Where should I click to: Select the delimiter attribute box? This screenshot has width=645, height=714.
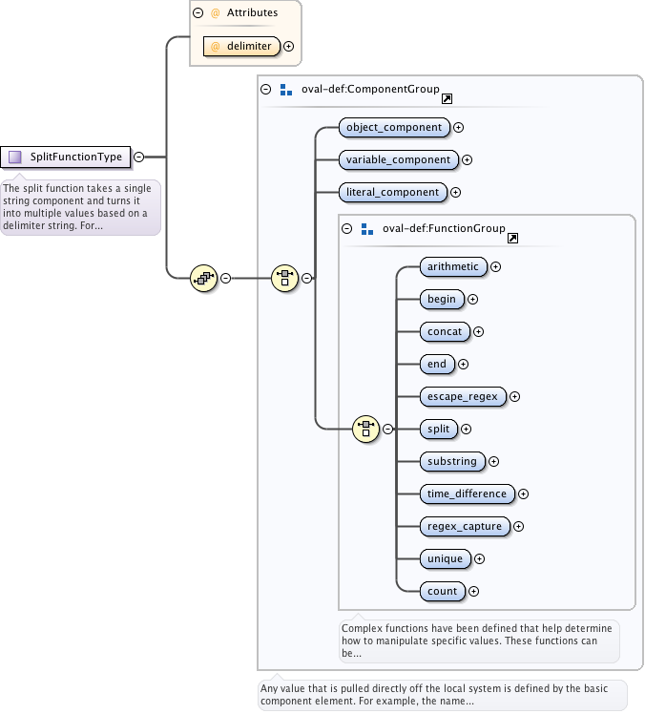point(240,45)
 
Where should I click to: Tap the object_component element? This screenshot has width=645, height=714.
point(394,127)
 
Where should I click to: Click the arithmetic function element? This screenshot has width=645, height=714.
point(454,266)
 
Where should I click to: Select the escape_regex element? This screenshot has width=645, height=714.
point(463,396)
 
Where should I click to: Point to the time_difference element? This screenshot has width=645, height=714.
point(467,493)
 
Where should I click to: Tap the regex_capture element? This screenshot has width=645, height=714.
point(465,526)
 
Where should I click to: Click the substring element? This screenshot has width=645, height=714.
point(452,461)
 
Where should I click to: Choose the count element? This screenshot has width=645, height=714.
point(443,591)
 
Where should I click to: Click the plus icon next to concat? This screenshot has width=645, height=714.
point(479,332)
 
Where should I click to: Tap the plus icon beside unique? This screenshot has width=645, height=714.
point(480,559)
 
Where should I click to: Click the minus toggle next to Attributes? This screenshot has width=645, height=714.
point(198,13)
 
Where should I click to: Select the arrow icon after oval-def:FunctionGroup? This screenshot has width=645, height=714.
point(512,238)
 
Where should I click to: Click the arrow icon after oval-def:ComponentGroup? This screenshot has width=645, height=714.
point(447,98)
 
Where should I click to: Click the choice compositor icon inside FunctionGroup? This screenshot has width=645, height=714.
point(365,429)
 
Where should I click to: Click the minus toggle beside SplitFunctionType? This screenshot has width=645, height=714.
point(139,157)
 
